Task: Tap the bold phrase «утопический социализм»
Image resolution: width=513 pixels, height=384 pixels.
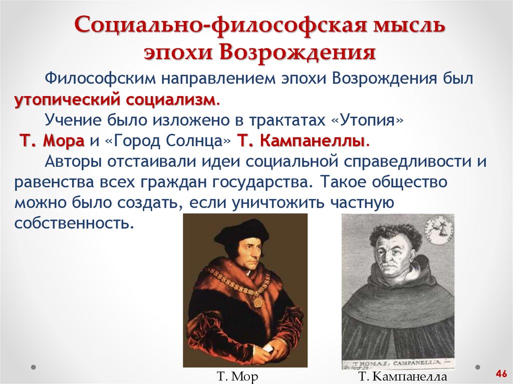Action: coord(116,99)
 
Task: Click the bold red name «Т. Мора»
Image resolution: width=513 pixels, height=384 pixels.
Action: coord(52,141)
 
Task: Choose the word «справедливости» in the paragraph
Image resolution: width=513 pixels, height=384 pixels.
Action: coord(405,162)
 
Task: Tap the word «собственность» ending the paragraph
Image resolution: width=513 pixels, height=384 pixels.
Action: coord(74,222)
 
